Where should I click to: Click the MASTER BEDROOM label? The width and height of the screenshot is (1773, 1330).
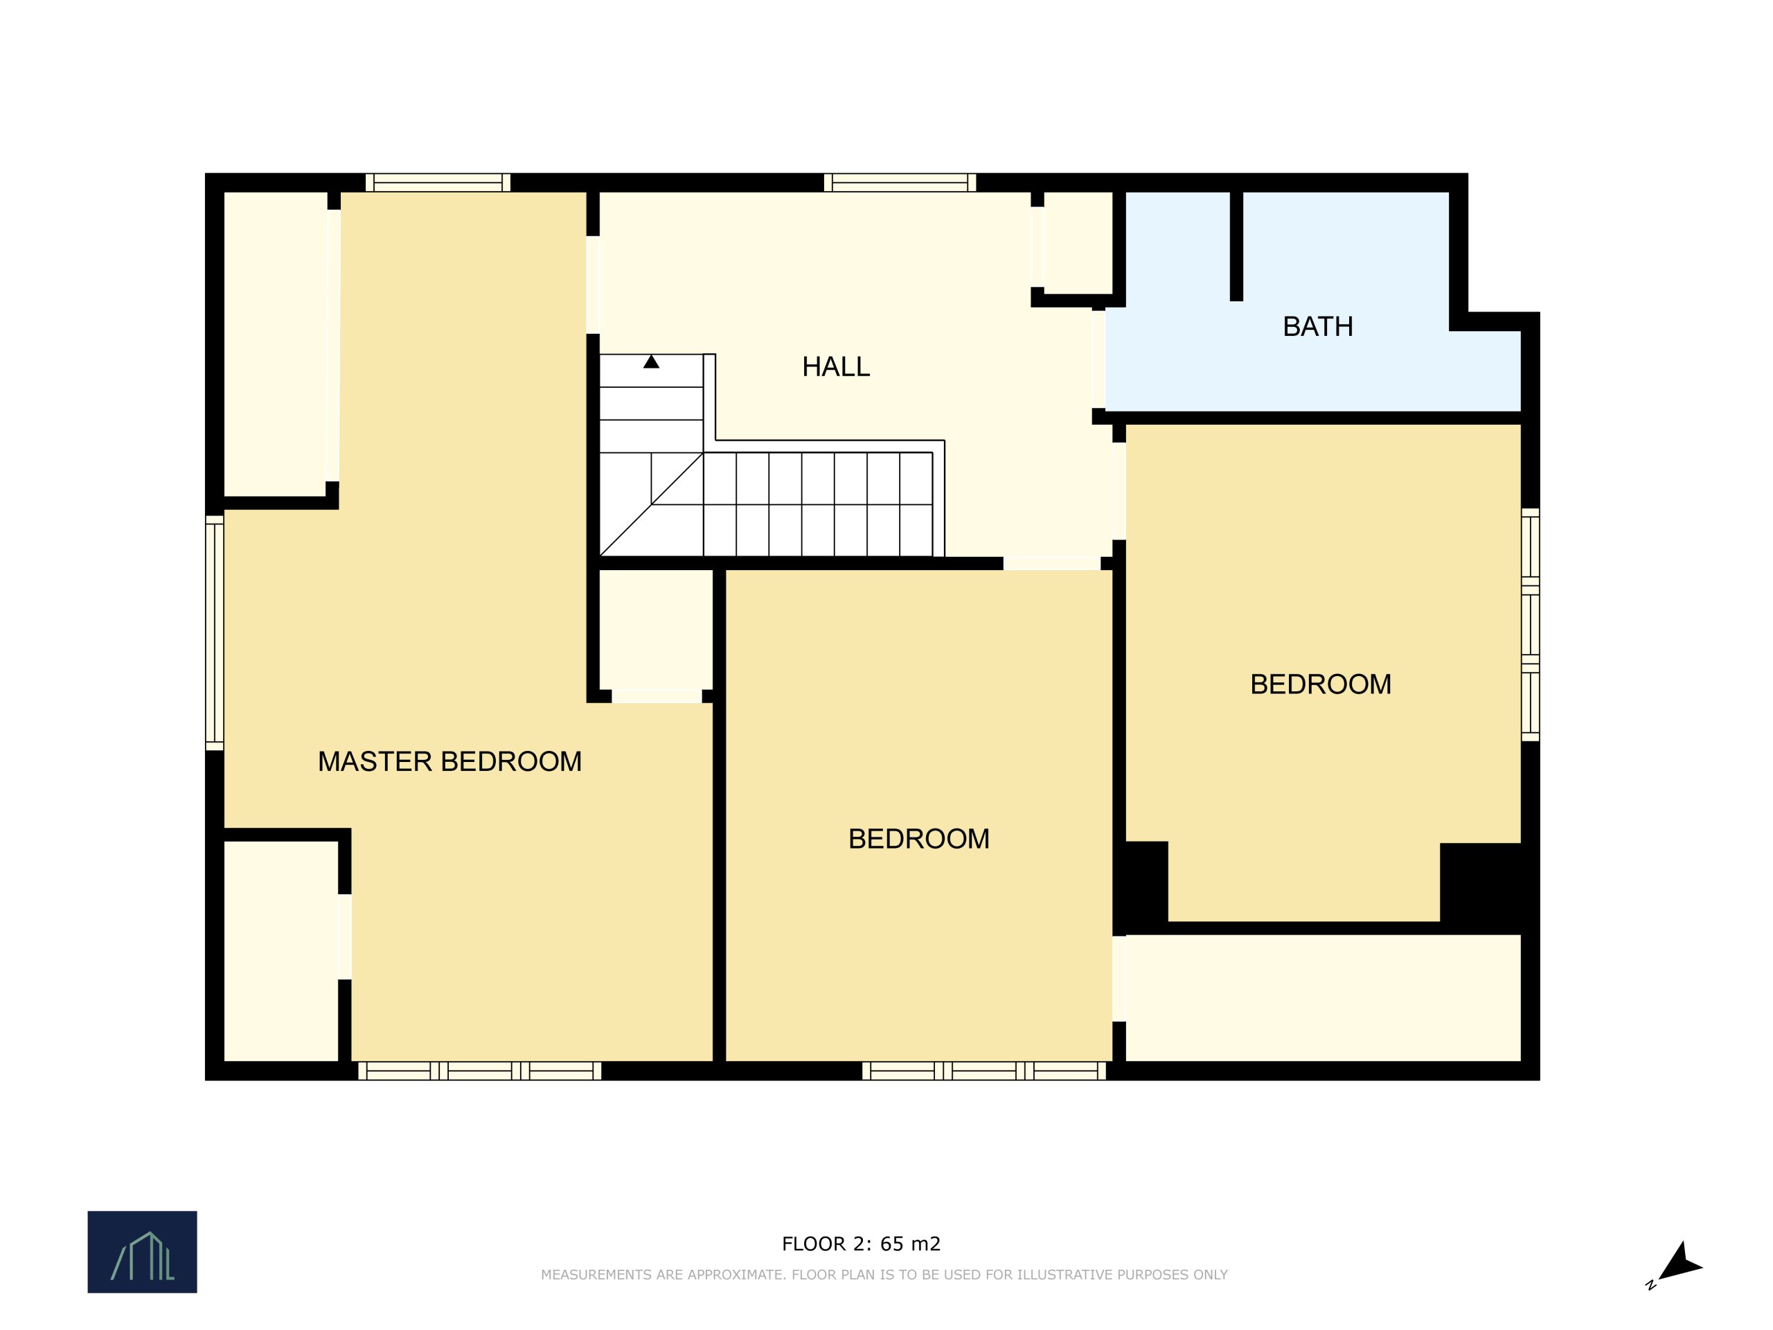(449, 761)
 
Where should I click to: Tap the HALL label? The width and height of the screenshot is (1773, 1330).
(836, 366)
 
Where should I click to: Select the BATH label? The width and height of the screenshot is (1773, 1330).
(1318, 326)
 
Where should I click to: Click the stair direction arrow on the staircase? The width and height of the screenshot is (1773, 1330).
(651, 362)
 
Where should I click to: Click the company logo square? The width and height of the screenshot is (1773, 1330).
(142, 1252)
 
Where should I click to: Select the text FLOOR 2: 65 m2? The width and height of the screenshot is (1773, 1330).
(861, 1243)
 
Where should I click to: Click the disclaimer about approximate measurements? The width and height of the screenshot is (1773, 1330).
(884, 1275)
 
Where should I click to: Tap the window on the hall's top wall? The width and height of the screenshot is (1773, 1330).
(900, 183)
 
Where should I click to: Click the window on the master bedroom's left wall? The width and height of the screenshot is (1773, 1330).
(214, 632)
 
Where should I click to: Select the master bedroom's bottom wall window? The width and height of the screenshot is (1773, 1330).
(479, 1070)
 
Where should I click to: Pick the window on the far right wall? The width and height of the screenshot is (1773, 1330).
(1530, 625)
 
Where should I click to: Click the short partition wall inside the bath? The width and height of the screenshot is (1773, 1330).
(1236, 246)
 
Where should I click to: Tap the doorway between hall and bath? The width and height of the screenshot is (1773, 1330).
(1098, 360)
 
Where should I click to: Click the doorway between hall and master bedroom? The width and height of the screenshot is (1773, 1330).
(592, 285)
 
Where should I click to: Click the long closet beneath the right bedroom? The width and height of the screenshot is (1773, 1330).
(1323, 997)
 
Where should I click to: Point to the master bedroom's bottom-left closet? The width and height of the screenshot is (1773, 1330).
(280, 951)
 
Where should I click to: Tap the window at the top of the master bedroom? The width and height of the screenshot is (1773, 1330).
(438, 183)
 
